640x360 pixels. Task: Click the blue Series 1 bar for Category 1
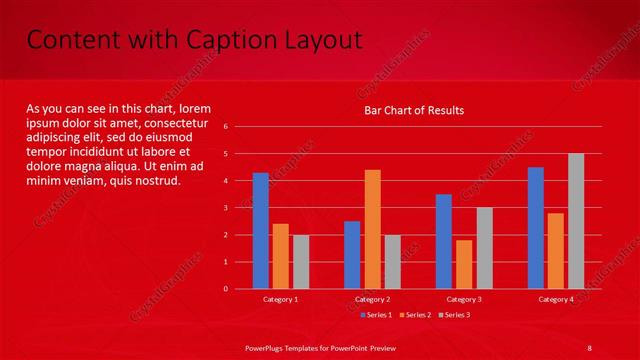(x=260, y=231)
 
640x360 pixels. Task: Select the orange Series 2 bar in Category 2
(x=372, y=229)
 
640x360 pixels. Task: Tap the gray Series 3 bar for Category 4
(x=576, y=221)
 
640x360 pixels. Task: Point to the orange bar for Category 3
(x=464, y=264)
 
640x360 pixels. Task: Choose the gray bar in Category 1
(x=301, y=262)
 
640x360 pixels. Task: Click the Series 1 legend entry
(x=376, y=315)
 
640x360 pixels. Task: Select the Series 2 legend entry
(x=416, y=315)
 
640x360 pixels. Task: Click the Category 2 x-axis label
(x=372, y=299)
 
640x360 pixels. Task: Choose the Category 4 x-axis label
(x=556, y=299)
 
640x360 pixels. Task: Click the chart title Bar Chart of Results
(x=414, y=110)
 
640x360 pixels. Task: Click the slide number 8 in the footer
(x=590, y=346)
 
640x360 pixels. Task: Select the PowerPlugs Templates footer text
(x=320, y=346)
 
